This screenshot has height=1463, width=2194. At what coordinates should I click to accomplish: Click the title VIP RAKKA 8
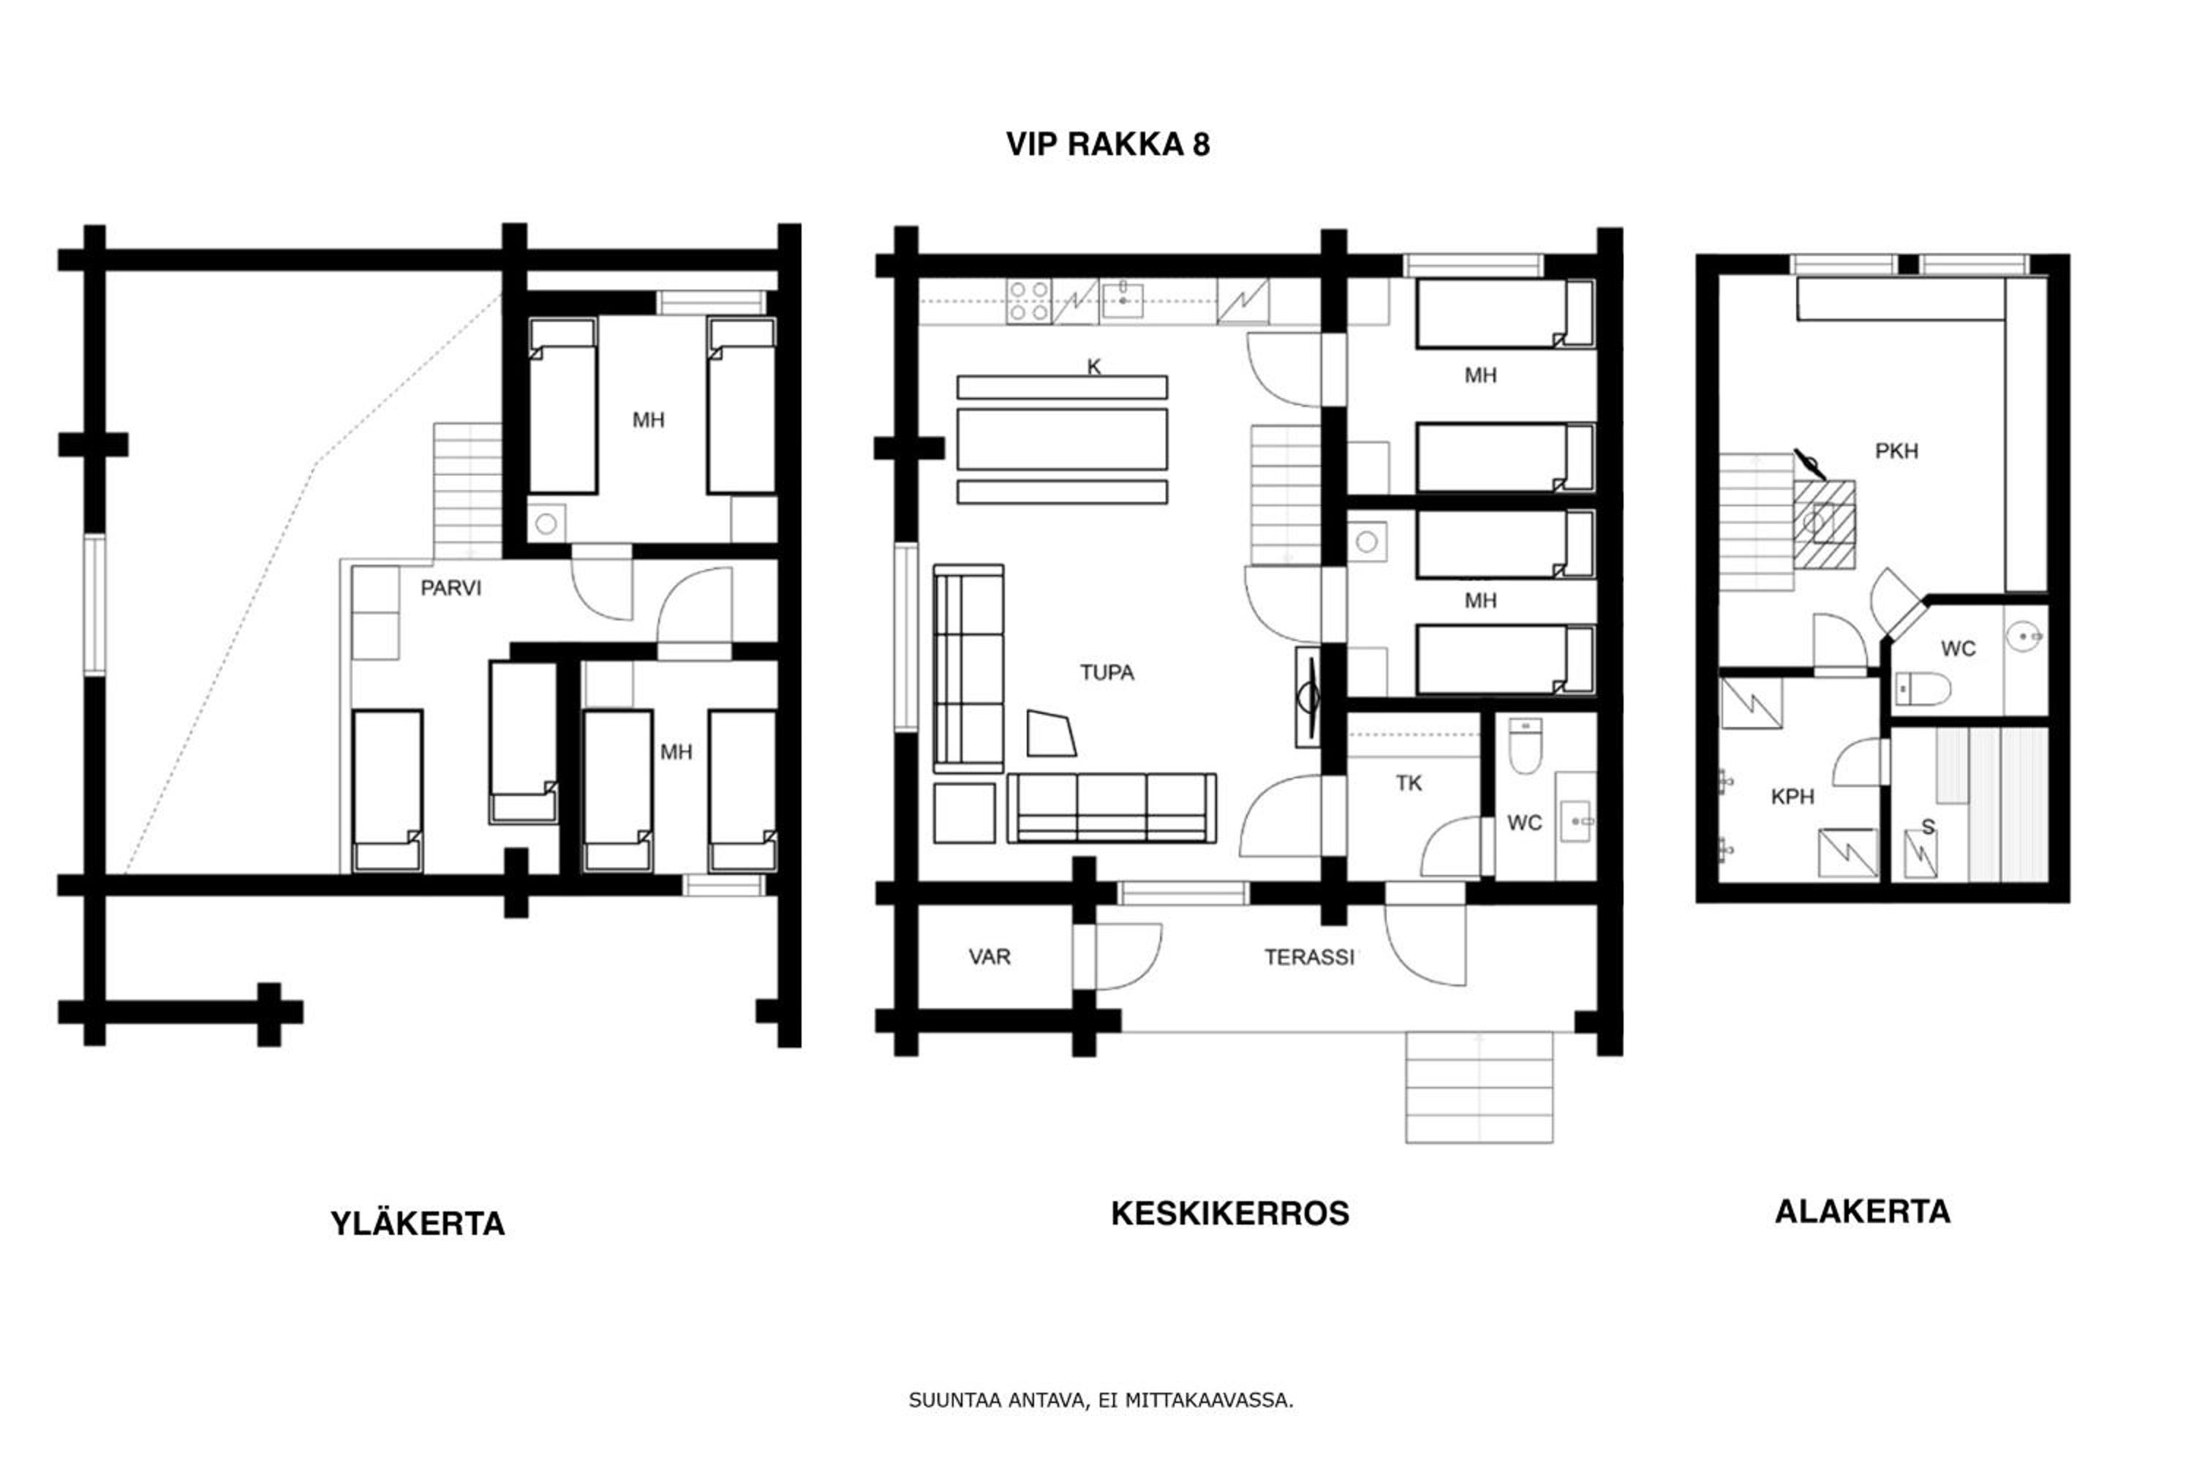point(1107,145)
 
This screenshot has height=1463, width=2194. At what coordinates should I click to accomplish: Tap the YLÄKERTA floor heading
point(418,1223)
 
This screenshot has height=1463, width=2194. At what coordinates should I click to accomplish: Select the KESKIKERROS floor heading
point(1229,1213)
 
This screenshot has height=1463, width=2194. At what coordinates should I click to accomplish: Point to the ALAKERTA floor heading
point(1862,1211)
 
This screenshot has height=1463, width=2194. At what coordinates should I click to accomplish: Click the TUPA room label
point(1107,673)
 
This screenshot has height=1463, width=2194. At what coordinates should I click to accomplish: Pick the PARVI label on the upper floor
point(451,588)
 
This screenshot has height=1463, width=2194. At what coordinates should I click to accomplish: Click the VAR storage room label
point(989,956)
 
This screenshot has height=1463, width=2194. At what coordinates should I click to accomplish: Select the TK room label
point(1409,783)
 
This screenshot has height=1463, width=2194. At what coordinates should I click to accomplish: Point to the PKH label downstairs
point(1896,451)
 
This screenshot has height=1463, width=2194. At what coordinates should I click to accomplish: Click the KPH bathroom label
point(1792,796)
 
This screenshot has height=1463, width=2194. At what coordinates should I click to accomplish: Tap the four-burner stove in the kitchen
point(1028,301)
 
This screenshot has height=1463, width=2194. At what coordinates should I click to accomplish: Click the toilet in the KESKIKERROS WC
point(1525,745)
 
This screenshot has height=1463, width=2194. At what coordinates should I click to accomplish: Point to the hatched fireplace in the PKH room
point(1825,524)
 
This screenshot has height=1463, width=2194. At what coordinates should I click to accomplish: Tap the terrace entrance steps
point(1479,1087)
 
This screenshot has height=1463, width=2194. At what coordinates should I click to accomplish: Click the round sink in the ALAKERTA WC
point(2025,637)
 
